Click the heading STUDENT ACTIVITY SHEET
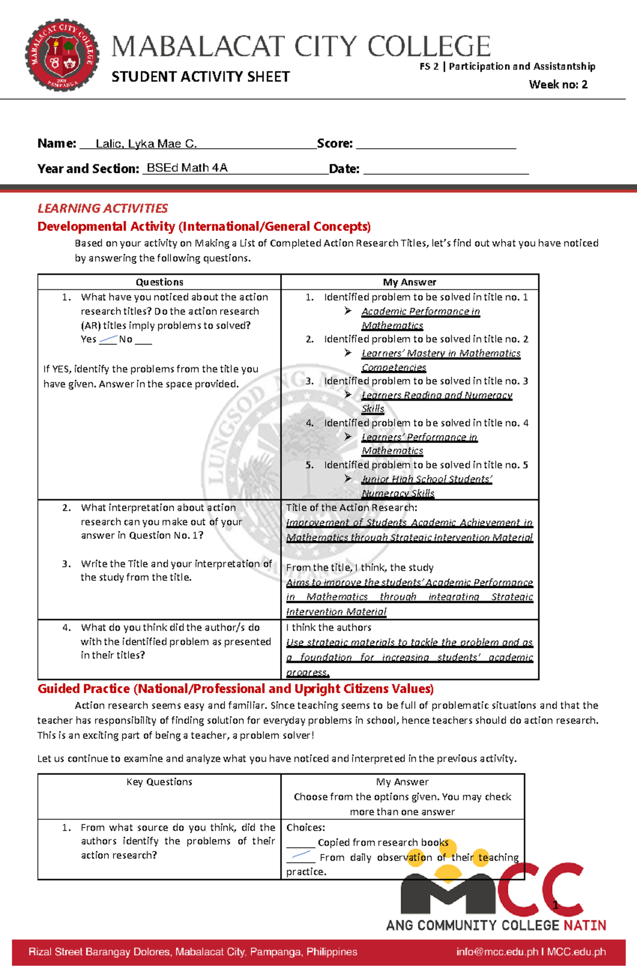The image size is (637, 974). (200, 77)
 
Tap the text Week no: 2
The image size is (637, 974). (558, 84)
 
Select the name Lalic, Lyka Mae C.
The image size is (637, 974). (146, 144)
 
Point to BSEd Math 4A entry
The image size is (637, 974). (187, 168)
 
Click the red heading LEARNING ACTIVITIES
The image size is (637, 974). (102, 208)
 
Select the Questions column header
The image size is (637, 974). (159, 282)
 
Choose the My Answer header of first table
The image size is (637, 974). (409, 282)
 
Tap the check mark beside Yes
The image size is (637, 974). (108, 339)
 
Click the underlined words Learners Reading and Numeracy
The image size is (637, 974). (436, 395)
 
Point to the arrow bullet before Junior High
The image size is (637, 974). (348, 479)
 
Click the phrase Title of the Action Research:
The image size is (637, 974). (351, 508)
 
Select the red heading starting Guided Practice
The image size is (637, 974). (235, 689)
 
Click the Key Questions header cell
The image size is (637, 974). (159, 782)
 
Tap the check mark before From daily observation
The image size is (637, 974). (301, 855)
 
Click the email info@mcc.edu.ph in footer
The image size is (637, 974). (497, 952)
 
